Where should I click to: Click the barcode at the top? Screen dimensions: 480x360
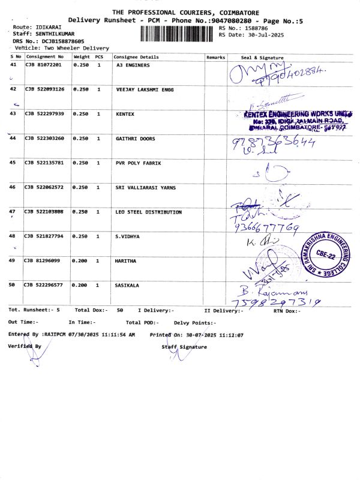pos(178,33)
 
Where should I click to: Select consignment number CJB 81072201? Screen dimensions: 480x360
pos(43,65)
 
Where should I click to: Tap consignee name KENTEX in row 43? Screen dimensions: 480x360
pos(125,114)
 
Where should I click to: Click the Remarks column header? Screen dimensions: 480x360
pos(215,57)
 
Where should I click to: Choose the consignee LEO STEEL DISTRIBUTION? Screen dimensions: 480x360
pos(148,212)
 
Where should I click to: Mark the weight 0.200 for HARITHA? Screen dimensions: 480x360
pos(80,261)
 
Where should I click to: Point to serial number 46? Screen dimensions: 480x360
pos(13,187)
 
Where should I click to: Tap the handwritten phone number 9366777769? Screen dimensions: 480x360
pos(268,228)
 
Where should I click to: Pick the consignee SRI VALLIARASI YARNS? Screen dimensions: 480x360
pos(146,187)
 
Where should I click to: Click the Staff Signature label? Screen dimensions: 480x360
pos(184,347)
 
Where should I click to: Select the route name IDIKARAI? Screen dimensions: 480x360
pos(49,28)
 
